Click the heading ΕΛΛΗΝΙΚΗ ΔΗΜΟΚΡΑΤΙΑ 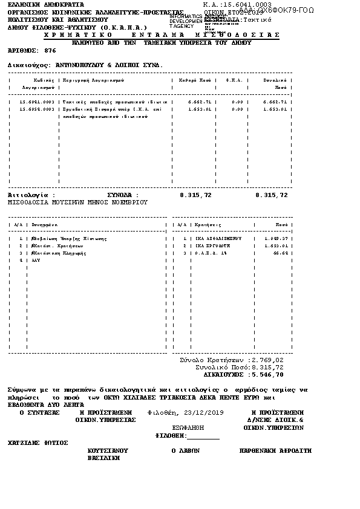[38, 4]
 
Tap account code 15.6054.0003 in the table [38, 109]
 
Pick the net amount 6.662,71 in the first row [200, 102]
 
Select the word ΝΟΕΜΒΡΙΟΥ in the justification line [128, 203]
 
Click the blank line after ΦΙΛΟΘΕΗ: [204, 435]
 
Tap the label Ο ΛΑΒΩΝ [186, 450]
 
